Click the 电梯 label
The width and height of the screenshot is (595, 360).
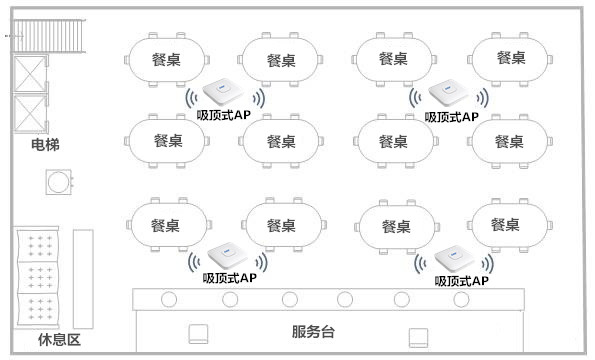click(x=45, y=147)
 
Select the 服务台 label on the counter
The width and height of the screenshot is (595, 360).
click(x=313, y=332)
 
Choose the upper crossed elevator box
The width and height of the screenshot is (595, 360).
click(x=31, y=74)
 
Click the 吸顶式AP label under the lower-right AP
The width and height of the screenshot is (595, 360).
click(x=461, y=282)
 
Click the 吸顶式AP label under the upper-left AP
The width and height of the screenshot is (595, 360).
click(x=225, y=116)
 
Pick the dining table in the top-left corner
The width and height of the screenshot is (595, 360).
click(x=167, y=59)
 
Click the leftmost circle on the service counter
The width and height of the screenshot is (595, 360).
click(x=170, y=298)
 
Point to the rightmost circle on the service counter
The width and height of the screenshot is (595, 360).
click(x=458, y=298)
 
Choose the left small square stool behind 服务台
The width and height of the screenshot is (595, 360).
click(x=198, y=333)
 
